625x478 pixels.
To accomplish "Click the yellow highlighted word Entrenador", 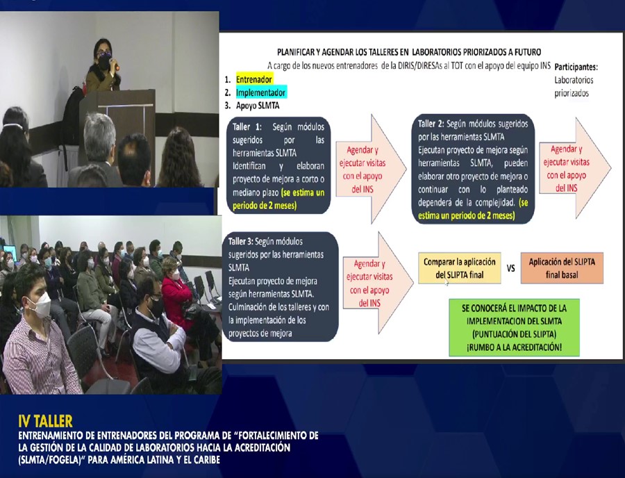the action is point(254,79).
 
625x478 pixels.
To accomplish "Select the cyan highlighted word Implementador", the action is point(260,92).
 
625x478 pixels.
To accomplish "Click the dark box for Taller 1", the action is point(278,165).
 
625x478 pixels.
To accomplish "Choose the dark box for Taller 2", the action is point(473,169).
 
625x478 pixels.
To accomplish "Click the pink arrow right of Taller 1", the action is point(371,169).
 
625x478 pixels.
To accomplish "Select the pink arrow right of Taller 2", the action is point(575,168).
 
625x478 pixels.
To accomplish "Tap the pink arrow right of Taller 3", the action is point(378,283).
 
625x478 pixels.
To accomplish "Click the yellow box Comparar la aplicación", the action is point(459,268).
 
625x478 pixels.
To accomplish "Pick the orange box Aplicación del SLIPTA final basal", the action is point(562,268).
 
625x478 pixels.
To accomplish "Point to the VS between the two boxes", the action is point(510,268).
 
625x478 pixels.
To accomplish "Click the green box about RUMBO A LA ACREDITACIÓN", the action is point(514,327).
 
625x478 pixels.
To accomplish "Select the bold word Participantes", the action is point(576,67).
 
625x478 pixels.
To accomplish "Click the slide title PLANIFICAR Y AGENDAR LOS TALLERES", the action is point(409,52).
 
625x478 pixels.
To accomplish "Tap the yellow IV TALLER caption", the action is point(45,421).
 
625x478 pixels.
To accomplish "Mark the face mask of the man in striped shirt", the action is point(39,305).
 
